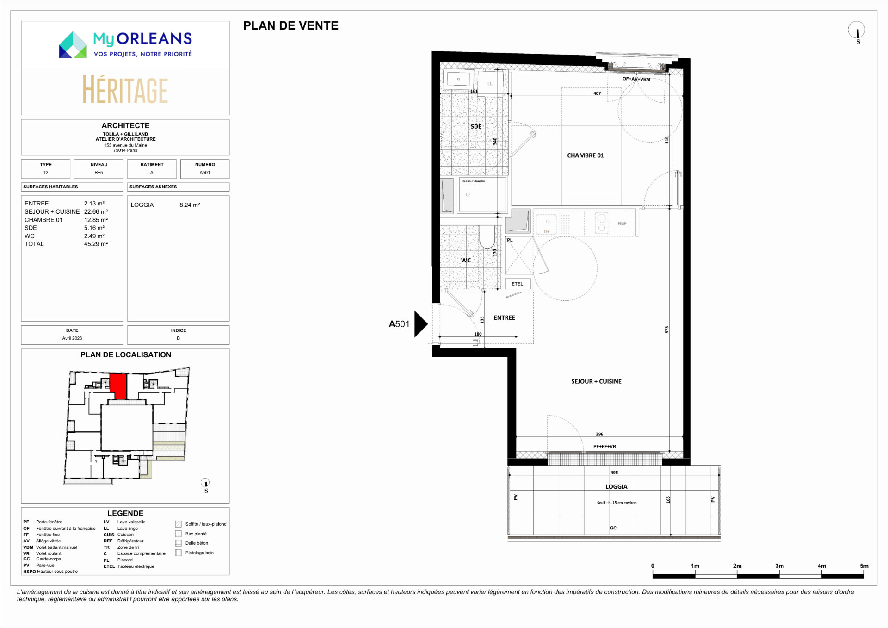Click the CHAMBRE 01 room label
(586, 155)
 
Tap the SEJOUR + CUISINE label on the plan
(596, 381)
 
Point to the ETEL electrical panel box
(518, 284)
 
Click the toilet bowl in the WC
(487, 237)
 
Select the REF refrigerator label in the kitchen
(622, 224)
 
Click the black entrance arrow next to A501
(420, 324)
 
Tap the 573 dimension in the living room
(666, 330)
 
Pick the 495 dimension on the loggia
(614, 473)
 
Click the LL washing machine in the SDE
(490, 84)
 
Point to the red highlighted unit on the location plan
(118, 386)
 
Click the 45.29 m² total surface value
(96, 244)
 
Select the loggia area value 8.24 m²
(190, 205)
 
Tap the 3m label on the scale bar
(779, 566)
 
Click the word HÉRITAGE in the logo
(125, 90)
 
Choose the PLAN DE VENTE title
(291, 26)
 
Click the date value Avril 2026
(72, 338)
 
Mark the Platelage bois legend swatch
(179, 553)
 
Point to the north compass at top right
(857, 31)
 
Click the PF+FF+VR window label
(604, 447)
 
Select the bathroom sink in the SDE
(459, 79)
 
